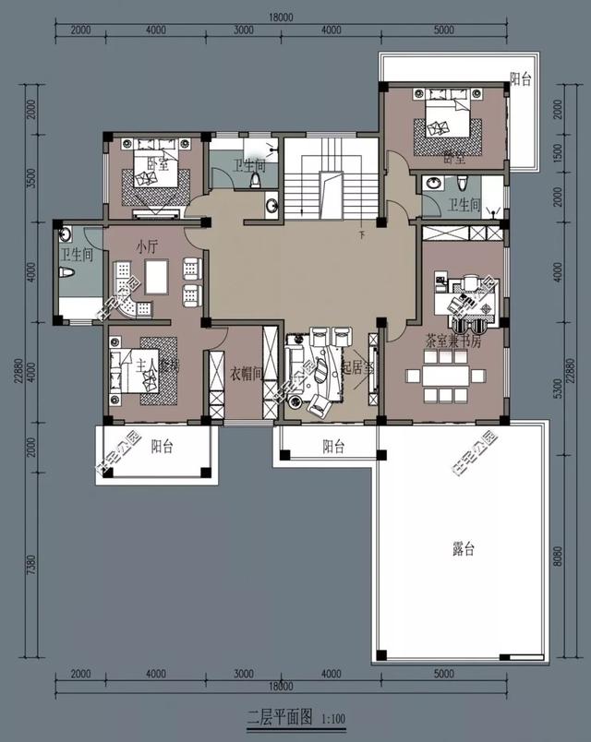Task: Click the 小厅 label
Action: pos(146,247)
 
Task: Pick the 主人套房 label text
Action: pos(157,365)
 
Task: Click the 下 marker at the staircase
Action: pos(361,235)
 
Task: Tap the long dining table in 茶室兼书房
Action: pos(450,377)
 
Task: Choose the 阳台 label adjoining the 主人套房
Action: pos(163,447)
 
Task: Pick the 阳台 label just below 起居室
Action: pos(333,447)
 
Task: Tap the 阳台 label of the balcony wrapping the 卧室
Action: pos(521,80)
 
